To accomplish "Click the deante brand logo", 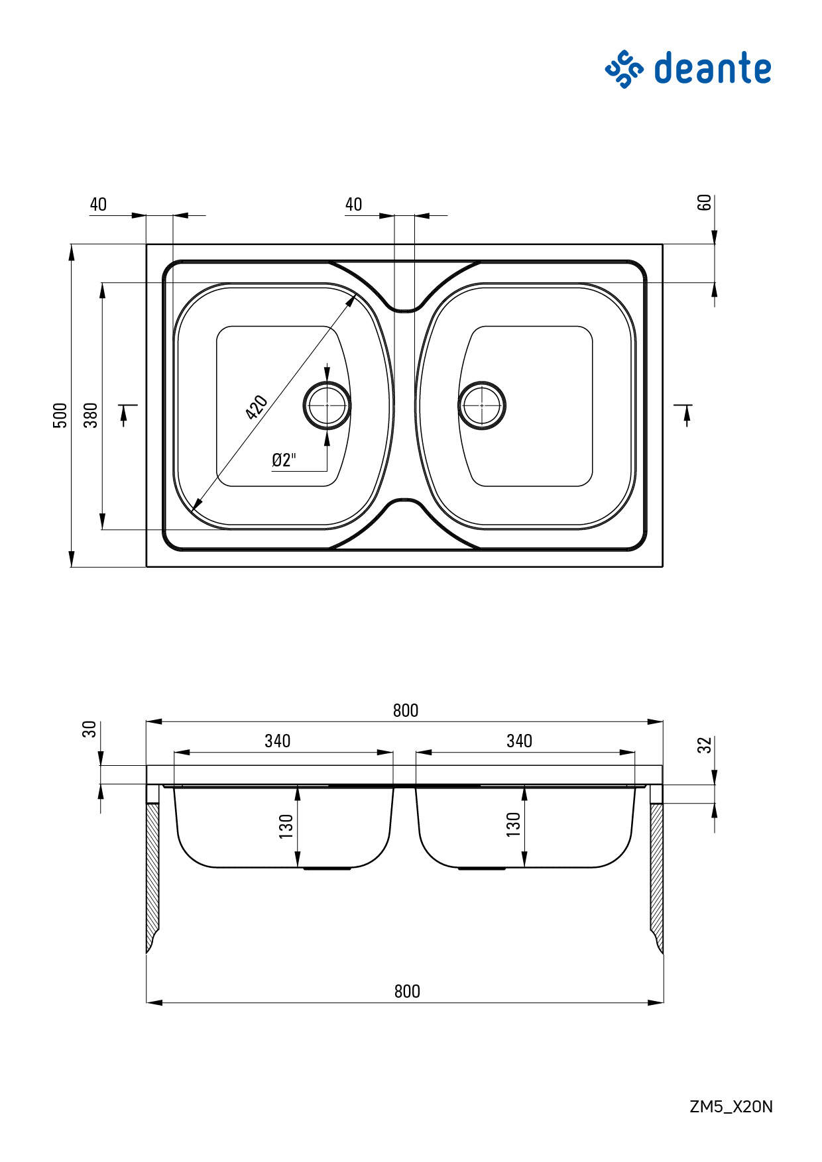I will click(688, 68).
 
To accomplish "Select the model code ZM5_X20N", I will click(731, 1106).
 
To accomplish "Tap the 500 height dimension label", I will click(60, 415).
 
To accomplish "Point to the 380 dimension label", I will click(91, 415).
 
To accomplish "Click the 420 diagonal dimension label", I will click(256, 407).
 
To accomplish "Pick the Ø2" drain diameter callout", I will click(284, 460).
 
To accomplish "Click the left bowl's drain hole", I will click(327, 405).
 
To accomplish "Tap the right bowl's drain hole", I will click(482, 405).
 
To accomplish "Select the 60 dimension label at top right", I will click(705, 202).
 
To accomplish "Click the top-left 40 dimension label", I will click(98, 204).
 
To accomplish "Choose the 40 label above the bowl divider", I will click(353, 204).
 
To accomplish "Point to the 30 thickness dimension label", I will click(91, 729).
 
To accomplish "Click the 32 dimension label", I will click(705, 745).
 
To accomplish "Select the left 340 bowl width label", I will click(277, 741).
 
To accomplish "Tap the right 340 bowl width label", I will click(519, 741).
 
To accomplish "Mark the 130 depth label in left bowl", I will click(286, 826).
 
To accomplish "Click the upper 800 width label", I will click(406, 710).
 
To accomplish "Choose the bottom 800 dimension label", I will click(407, 991).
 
